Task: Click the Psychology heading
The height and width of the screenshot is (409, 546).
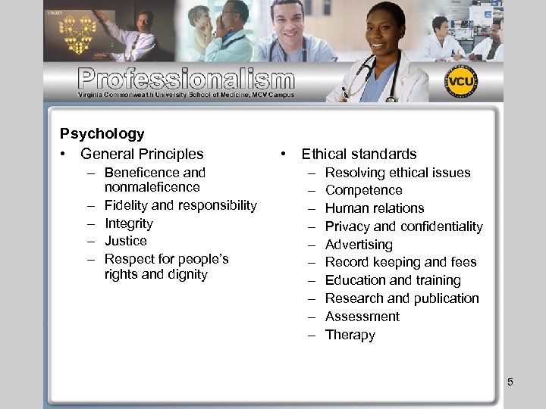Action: coord(102,134)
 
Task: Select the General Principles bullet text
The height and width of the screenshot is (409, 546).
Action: coord(142,154)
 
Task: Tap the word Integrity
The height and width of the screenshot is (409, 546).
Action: coord(128,223)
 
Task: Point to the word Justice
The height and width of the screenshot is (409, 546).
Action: coord(125,241)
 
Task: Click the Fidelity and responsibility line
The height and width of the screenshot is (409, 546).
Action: coord(180,205)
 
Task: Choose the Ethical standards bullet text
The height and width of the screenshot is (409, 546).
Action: coord(359,154)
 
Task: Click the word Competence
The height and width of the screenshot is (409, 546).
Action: coord(363,190)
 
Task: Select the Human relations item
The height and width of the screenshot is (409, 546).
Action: coord(375,208)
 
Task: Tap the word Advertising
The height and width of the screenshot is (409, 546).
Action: coord(359,245)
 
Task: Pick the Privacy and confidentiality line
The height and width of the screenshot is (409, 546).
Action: coord(403,226)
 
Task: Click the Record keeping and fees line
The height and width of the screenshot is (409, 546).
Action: coord(400,262)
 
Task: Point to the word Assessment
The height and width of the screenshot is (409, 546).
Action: coord(362,317)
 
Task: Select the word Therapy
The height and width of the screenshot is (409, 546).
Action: coord(350,335)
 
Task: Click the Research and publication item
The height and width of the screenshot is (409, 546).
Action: coord(402,298)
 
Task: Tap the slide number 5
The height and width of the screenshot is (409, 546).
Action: coord(510,382)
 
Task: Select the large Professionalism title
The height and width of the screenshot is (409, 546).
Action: coord(186,79)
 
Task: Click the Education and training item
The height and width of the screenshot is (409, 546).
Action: coord(393,280)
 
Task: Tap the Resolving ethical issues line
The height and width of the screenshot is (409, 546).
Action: coord(397,173)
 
